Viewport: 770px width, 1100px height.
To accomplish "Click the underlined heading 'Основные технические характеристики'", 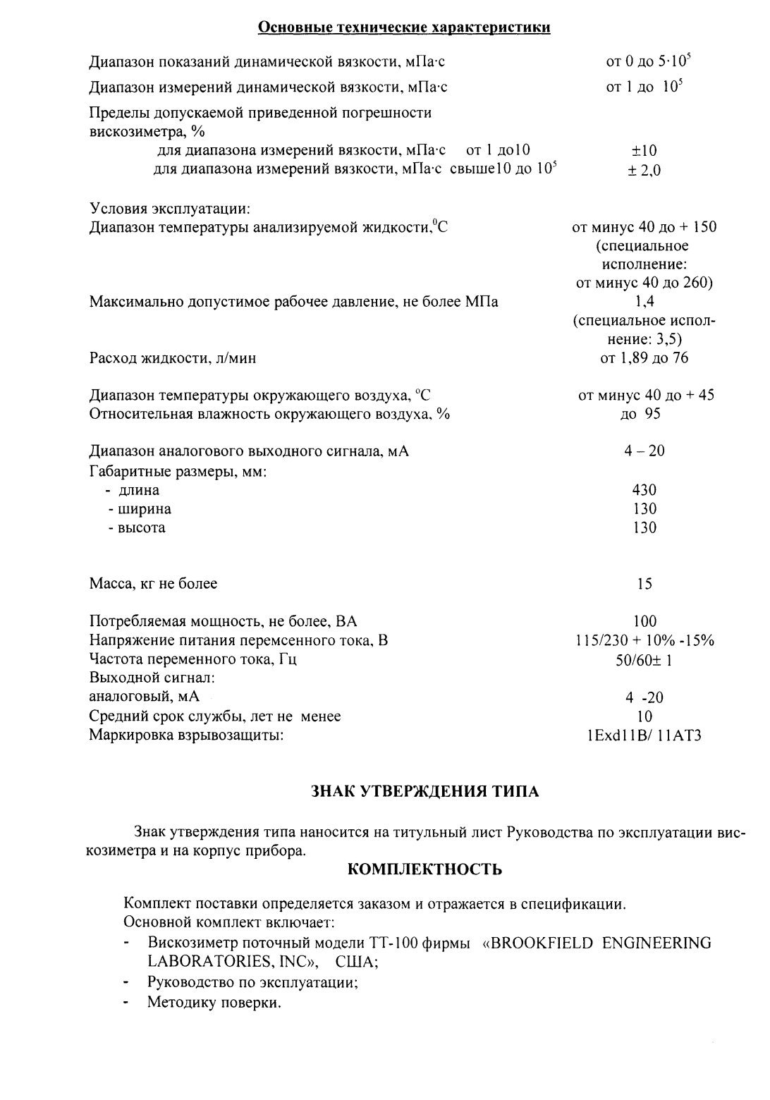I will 404,28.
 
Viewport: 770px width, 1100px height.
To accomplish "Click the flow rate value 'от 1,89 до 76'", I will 644,358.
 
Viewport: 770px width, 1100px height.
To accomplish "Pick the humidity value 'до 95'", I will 640,414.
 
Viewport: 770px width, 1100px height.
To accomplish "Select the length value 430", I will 644,490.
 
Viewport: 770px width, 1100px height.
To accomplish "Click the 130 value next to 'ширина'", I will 644,509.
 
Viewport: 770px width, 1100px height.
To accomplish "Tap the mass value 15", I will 644,584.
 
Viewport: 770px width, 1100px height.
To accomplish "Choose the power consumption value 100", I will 644,621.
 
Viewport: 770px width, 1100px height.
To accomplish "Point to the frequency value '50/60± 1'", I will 644,660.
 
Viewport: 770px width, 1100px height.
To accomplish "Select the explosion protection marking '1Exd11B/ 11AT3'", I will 644,736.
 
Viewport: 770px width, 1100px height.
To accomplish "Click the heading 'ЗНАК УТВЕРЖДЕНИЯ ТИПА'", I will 425,792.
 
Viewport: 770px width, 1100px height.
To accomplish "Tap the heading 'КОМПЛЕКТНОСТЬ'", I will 425,869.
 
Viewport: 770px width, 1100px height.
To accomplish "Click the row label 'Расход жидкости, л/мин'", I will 173,358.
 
